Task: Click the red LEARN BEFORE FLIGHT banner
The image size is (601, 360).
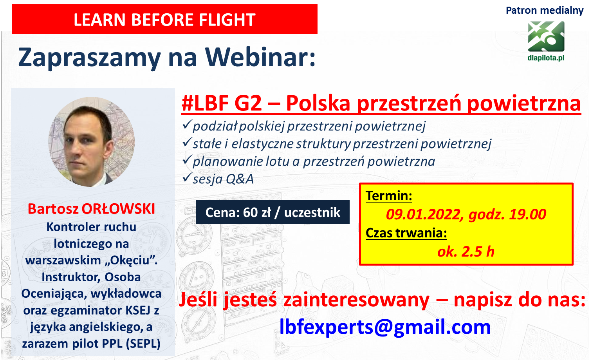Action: [x=165, y=19]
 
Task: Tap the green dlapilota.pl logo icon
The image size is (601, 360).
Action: [x=546, y=36]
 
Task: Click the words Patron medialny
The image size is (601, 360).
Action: [x=545, y=11]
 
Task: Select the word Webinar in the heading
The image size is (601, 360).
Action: [x=260, y=57]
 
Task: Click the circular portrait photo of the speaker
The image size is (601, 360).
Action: [x=92, y=142]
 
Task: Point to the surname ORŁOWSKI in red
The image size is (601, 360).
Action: [x=118, y=209]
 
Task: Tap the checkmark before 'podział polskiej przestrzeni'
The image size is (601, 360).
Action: [x=187, y=125]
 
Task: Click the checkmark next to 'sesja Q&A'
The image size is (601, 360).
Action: [x=187, y=177]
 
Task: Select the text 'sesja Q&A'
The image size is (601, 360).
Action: [x=223, y=179]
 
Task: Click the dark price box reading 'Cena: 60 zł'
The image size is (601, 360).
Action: [x=273, y=212]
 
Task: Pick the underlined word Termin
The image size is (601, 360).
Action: [x=389, y=196]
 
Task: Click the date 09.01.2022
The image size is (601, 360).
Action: [x=423, y=215]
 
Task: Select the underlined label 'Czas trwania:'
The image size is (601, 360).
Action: [x=406, y=233]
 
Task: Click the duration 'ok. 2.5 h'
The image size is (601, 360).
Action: [x=466, y=251]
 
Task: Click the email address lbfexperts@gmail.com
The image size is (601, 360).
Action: [x=385, y=327]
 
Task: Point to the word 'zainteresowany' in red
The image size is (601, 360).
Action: [x=356, y=300]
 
